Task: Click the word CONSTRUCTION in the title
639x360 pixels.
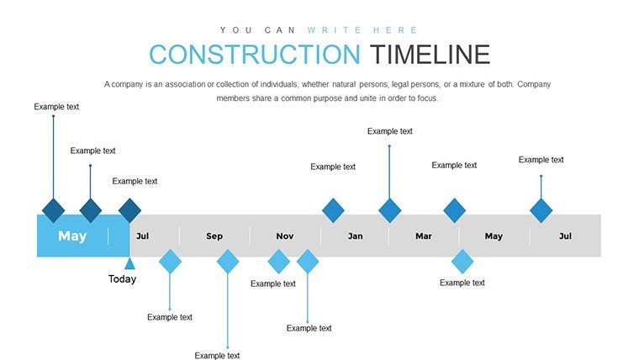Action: [x=254, y=55]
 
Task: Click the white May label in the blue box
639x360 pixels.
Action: [x=72, y=236]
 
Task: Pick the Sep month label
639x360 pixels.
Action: [x=214, y=236]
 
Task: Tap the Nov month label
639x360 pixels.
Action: [x=285, y=236]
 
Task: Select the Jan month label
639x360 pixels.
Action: [x=355, y=236]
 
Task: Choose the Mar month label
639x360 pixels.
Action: [x=424, y=236]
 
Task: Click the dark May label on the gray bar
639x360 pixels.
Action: [x=494, y=236]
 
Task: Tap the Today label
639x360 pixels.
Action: [x=122, y=279]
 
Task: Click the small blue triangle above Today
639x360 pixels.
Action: [x=129, y=263]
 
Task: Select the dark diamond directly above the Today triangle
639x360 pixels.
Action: [x=129, y=210]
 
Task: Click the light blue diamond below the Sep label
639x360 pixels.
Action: [x=228, y=262]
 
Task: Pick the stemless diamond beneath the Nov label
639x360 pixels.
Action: [x=278, y=262]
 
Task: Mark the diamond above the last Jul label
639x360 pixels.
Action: [x=541, y=210]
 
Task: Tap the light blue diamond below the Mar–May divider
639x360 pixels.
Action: [x=462, y=262]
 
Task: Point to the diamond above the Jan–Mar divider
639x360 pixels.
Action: [x=389, y=210]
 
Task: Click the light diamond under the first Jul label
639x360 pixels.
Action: [x=171, y=262]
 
